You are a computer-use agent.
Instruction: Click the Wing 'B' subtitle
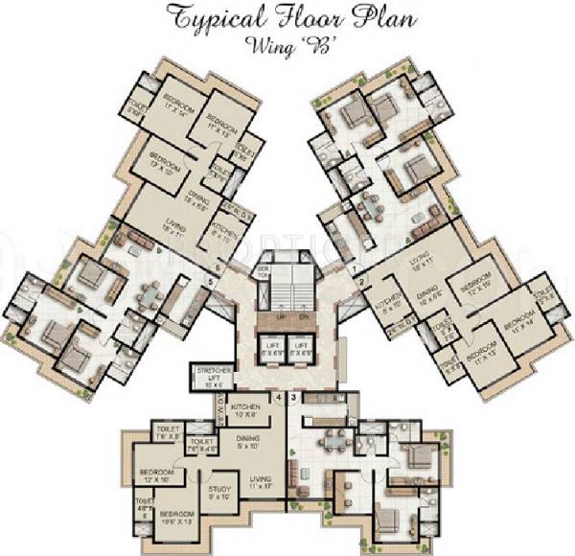[x=287, y=42]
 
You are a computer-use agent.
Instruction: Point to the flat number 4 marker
[x=279, y=396]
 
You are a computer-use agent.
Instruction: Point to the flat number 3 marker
[x=292, y=396]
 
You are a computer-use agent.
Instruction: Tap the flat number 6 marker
[x=218, y=267]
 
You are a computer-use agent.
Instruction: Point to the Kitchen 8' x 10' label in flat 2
[x=390, y=305]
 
